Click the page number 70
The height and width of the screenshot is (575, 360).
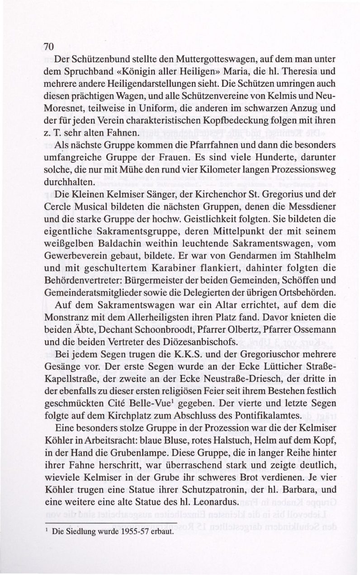click(x=49, y=47)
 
